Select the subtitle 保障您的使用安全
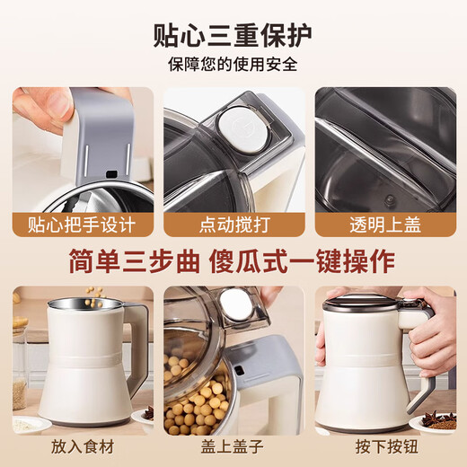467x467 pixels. pyautogui.click(x=233, y=65)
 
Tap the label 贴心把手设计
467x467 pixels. pyautogui.click(x=82, y=224)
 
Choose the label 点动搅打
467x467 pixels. pyautogui.click(x=233, y=224)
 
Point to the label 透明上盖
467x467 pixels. pyautogui.click(x=384, y=224)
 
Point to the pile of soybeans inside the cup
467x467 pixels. pyautogui.click(x=199, y=395)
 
